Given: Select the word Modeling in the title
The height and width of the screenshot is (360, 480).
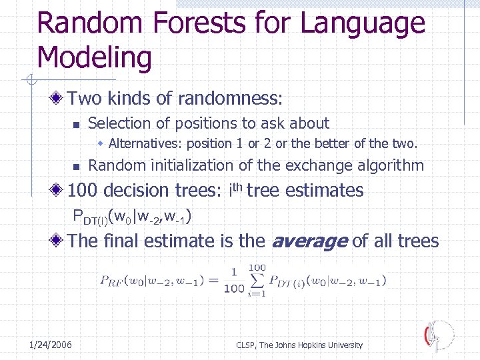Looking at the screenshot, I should click(94, 58).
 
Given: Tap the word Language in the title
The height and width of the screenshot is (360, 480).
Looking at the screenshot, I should click(363, 23).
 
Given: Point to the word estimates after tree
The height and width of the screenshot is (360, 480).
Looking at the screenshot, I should click(324, 191).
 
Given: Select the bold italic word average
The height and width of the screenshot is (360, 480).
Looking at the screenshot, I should click(308, 241).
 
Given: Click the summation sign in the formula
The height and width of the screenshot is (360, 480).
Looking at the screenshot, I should click(257, 280).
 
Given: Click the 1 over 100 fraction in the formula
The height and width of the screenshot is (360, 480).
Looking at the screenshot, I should click(234, 280).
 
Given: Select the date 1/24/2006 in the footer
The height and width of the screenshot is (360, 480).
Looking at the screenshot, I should click(51, 345).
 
